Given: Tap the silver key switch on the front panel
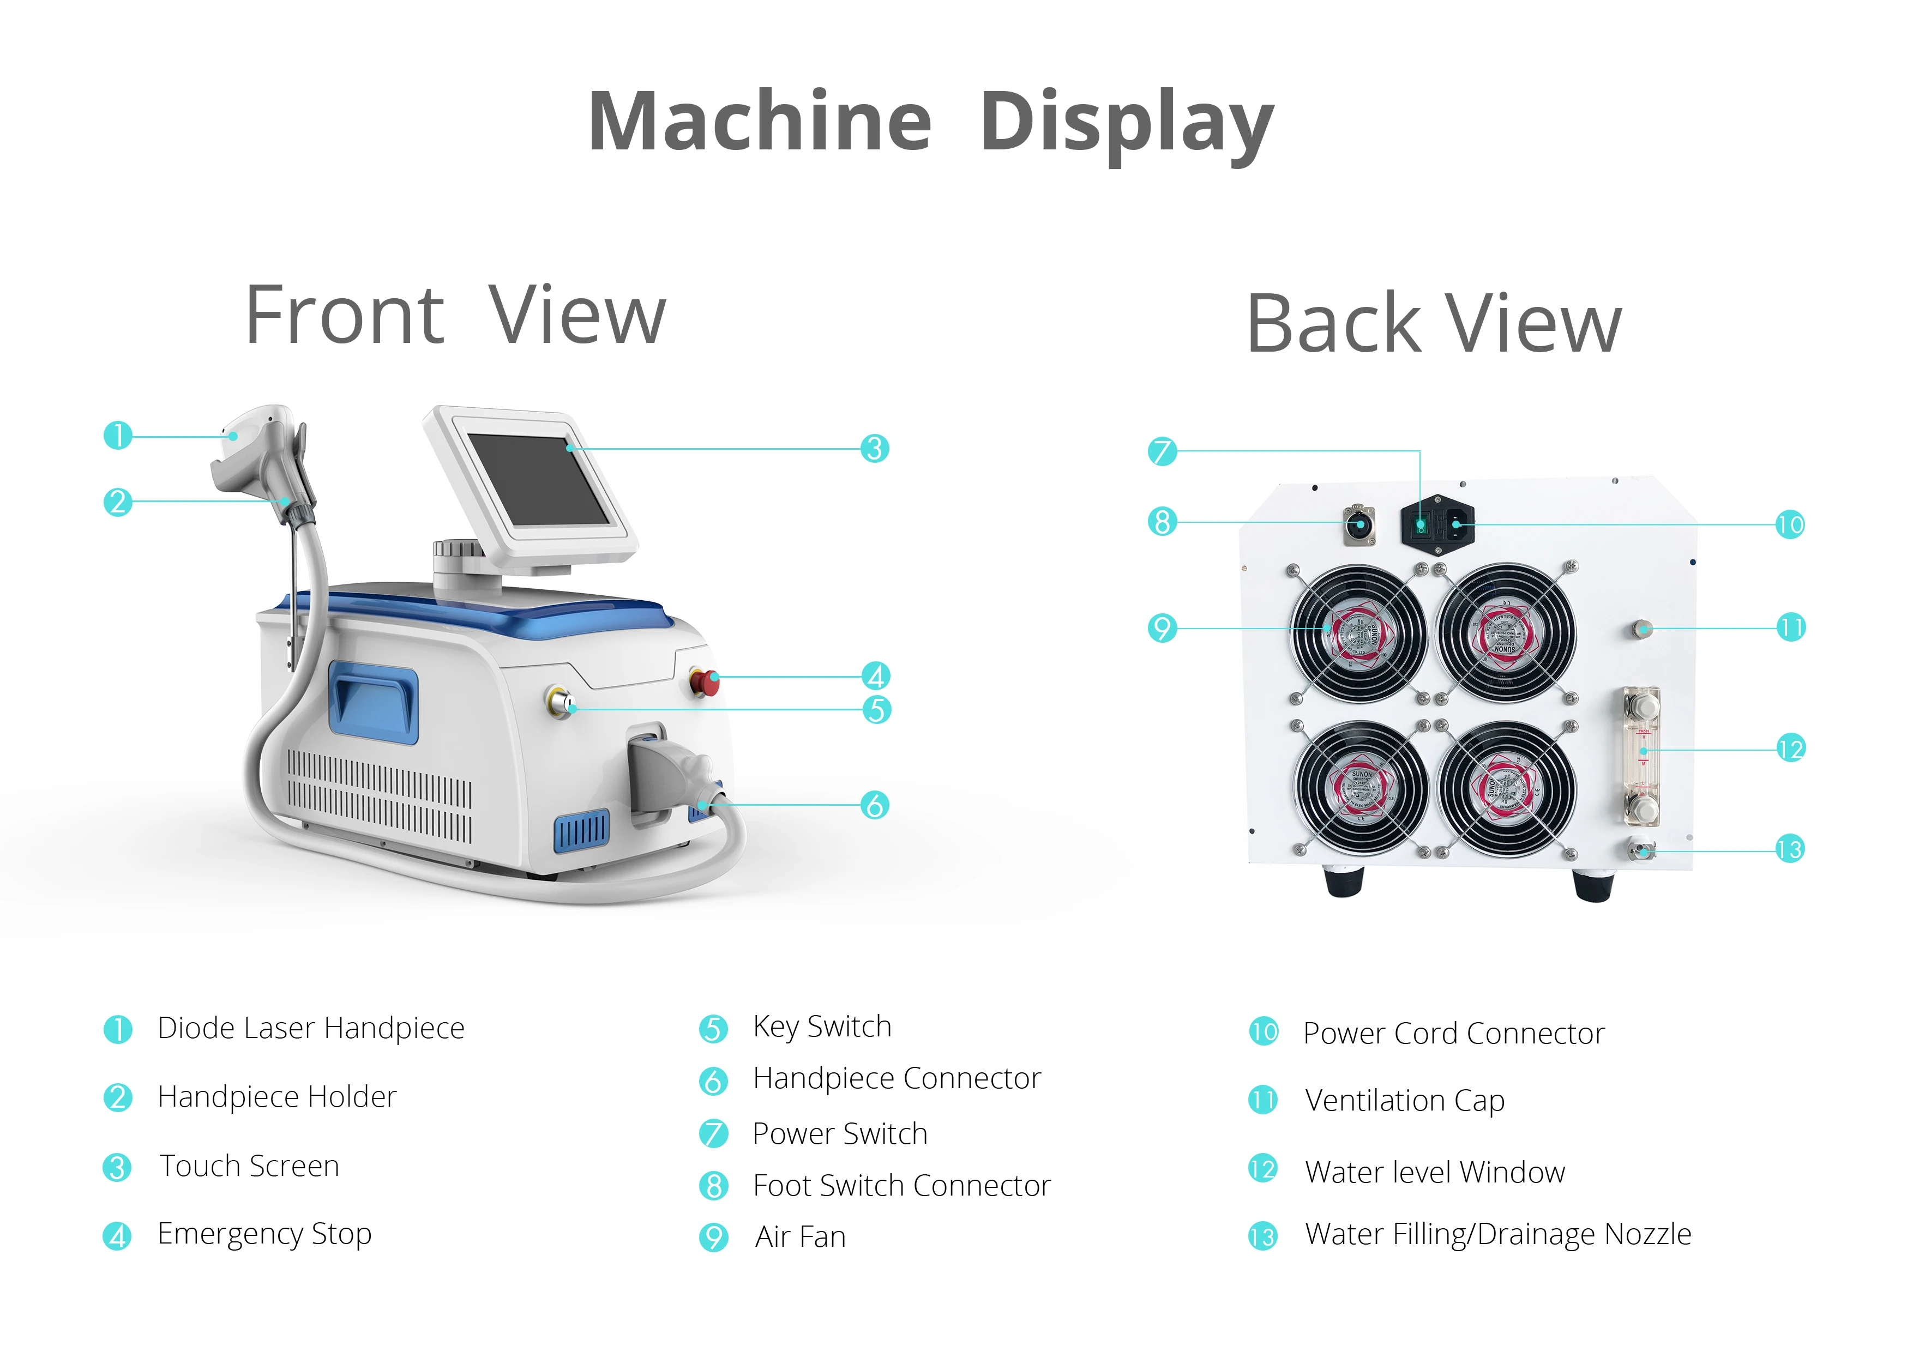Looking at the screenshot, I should pos(560,702).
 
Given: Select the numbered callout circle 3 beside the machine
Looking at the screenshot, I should pos(874,449).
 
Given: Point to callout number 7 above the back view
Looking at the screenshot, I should pos(1162,451).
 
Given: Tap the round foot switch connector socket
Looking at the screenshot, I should pos(1359,526).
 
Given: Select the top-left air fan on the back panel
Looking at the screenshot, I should pos(1358,633).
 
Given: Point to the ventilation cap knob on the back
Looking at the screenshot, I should pos(1641,628).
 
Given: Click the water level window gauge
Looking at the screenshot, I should pos(1641,756).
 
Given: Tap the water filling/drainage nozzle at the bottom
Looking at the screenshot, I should pos(1640,850).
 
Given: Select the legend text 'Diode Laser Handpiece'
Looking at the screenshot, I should pos(311,1029).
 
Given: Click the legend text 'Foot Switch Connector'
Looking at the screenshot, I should pos(901,1185).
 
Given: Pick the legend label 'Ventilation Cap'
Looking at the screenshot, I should pos(1405,1101).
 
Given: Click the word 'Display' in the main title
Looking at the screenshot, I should pos(1127,123).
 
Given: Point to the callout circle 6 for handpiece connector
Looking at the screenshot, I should pos(875,806).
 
